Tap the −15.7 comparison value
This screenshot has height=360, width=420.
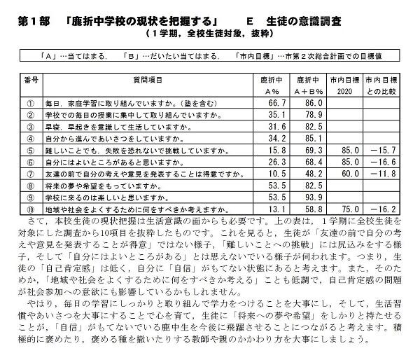386,149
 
